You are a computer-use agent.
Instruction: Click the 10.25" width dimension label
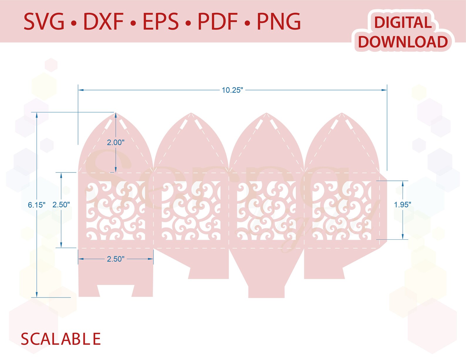pyautogui.click(x=232, y=90)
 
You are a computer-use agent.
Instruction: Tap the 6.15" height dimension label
pyautogui.click(x=37, y=205)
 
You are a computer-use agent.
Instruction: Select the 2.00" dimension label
pyautogui.click(x=116, y=142)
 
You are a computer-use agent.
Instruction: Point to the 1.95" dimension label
pyautogui.click(x=402, y=204)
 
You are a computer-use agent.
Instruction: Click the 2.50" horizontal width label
pyautogui.click(x=116, y=259)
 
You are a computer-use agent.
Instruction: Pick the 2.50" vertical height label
pyautogui.click(x=61, y=204)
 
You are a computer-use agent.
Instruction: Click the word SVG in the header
pyautogui.click(x=44, y=22)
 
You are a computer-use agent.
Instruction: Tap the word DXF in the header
pyautogui.click(x=103, y=22)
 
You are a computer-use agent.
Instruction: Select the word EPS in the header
pyautogui.click(x=161, y=22)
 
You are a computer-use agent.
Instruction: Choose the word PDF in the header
pyautogui.click(x=217, y=22)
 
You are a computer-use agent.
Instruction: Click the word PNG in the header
pyautogui.click(x=278, y=22)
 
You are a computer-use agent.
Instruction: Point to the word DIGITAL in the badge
pyautogui.click(x=403, y=23)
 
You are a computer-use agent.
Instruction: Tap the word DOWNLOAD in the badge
pyautogui.click(x=403, y=42)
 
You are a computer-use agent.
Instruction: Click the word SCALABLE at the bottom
pyautogui.click(x=61, y=339)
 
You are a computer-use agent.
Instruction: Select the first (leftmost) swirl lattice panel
pyautogui.click(x=116, y=210)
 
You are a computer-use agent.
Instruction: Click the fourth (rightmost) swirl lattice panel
pyautogui.click(x=342, y=210)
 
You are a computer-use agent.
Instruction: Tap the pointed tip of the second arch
pyautogui.click(x=191, y=113)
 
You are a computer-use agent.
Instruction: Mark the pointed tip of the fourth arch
pyautogui.click(x=342, y=113)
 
